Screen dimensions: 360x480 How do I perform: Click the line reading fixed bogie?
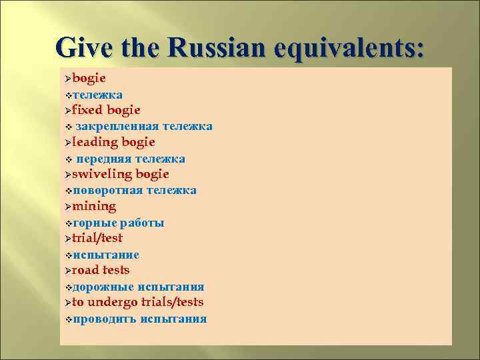tap(106, 110)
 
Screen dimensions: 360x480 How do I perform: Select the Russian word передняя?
tap(103, 159)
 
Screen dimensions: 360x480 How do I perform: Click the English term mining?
tap(94, 206)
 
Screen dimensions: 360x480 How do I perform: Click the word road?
tap(85, 270)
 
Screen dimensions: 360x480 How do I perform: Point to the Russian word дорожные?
tap(103, 287)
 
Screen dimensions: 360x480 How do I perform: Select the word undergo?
tap(115, 302)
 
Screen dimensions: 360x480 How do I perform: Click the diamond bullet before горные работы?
tap(68, 223)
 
